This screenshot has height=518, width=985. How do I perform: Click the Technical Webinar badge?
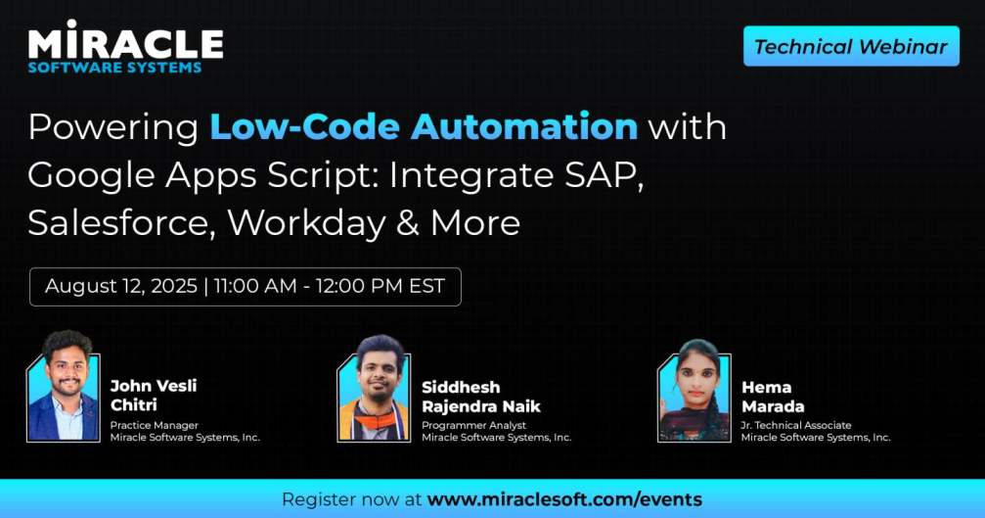[x=851, y=46]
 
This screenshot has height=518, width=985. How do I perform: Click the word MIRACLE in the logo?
[x=125, y=42]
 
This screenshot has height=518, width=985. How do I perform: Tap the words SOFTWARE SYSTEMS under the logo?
[x=114, y=68]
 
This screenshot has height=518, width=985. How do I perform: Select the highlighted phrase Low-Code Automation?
[x=424, y=126]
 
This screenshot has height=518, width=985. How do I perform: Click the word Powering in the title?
[x=112, y=127]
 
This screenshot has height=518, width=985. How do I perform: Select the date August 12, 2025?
[x=120, y=286]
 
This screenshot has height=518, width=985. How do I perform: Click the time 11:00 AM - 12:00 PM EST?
[x=330, y=286]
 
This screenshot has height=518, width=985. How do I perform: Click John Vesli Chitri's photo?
[x=64, y=388]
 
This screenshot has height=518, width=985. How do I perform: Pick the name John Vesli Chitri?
[x=153, y=396]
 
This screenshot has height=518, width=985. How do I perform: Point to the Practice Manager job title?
[x=155, y=425]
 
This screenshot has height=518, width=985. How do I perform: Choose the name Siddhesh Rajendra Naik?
[x=480, y=396]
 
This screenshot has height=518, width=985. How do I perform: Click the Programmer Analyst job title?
[x=473, y=425]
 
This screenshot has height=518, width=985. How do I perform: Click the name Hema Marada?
[x=774, y=396]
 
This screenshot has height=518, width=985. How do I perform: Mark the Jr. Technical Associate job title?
[x=795, y=425]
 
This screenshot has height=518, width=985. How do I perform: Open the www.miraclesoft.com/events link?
[x=564, y=499]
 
